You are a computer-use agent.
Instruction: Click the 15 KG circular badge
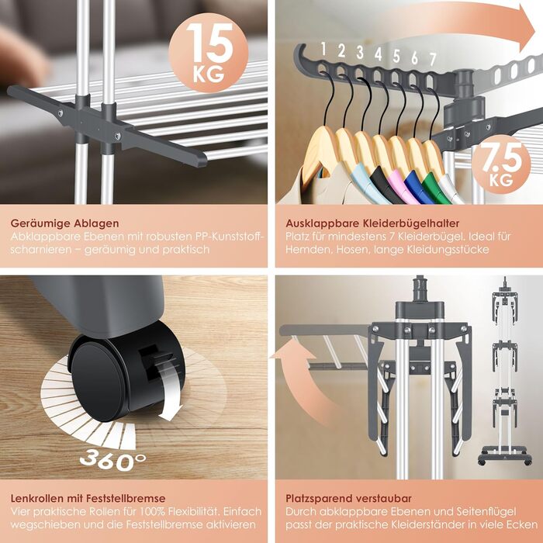pos(208,53)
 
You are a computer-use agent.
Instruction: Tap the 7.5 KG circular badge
pos(501,164)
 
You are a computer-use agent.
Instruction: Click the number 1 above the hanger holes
pos(323,49)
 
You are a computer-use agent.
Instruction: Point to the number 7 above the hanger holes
pos(433,60)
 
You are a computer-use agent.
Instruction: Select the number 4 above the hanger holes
pos(379,54)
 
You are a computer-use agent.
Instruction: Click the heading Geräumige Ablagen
pos(64,223)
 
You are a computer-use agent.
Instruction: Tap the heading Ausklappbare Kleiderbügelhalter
pos(372,223)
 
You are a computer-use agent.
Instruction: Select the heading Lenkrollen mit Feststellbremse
pos(88,498)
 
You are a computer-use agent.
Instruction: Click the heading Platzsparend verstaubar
pos(349,498)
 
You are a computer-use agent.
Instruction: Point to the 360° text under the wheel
pos(113,459)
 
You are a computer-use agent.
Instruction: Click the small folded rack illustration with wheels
pos(505,371)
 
